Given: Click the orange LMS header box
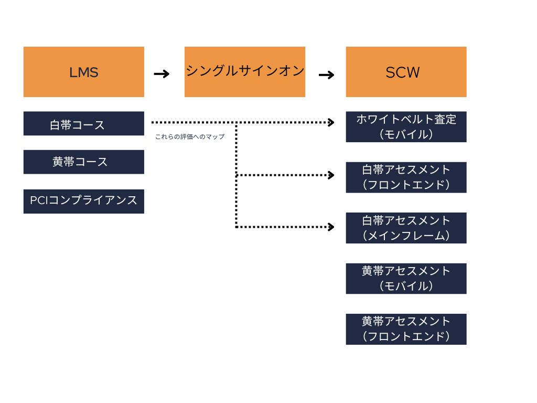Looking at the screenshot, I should pos(83,72).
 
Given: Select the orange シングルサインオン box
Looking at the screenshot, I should pos(244,72).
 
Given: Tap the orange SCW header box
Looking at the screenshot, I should pos(406,72).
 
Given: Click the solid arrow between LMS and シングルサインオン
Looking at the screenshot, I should pos(162,74).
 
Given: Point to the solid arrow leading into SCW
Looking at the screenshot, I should pos(326,75).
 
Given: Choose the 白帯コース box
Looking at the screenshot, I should pos(83,124).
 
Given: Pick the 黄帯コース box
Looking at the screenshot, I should pos(83,162).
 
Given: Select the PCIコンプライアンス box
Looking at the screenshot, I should pos(83,201).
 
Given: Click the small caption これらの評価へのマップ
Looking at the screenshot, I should pos(189,137).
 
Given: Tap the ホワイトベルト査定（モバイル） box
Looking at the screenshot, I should pos(406,126).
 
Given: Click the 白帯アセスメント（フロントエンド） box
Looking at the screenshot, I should pos(406,177).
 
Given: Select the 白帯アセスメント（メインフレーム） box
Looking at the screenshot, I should pos(406,228).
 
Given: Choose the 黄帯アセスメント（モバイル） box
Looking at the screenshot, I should pos(406,278).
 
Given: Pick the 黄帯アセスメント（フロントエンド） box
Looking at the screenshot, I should pos(406,329).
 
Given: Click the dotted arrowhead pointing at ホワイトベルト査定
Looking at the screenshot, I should pos(331,122).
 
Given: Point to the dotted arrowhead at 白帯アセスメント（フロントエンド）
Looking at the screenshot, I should pos(331,175).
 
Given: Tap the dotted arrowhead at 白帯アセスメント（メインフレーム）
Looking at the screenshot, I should pos(331,227).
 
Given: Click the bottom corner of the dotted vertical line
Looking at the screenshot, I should pos(237,227).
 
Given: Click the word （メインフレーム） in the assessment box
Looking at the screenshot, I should pos(406,236).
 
